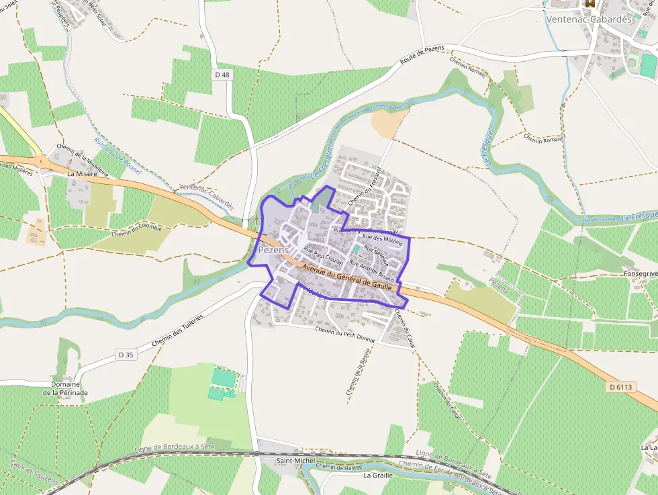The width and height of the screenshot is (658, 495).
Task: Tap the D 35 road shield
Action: click(126, 354)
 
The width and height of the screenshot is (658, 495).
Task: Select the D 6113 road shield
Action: click(622, 387)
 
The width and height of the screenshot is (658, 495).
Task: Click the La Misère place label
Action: click(83, 173)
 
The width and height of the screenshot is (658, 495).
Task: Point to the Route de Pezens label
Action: click(422, 56)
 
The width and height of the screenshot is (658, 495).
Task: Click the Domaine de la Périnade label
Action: click(66, 388)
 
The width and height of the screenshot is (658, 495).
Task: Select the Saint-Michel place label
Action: click(295, 461)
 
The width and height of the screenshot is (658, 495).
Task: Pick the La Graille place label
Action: click(377, 475)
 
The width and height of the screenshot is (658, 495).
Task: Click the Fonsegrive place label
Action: click(640, 274)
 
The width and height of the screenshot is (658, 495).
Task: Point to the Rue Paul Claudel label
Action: click(324, 255)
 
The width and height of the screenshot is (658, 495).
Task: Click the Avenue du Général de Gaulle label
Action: click(347, 277)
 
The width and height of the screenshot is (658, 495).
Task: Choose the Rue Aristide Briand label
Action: click(371, 270)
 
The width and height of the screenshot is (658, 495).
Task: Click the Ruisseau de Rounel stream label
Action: click(117, 156)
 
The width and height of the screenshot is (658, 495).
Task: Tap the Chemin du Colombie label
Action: click(137, 230)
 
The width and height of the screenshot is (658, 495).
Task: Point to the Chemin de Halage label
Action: click(334, 467)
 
